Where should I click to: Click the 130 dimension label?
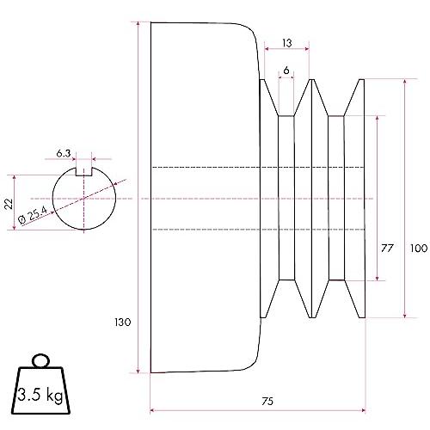tap(123, 322)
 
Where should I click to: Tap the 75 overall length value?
tap(267, 402)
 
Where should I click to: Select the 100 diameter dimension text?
tap(419, 248)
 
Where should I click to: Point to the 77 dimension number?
tap(387, 248)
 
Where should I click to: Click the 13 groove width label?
tap(287, 43)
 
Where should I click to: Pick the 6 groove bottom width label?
tap(286, 71)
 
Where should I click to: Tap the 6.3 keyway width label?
tap(64, 153)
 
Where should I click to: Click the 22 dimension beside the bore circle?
tap(9, 204)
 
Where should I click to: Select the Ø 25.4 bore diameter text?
tap(33, 215)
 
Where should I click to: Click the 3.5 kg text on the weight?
tap(40, 395)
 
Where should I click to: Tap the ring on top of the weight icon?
tap(40, 360)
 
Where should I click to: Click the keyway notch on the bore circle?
tap(83, 171)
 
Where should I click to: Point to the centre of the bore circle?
tap(83, 199)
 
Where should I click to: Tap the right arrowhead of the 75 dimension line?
tap(363, 410)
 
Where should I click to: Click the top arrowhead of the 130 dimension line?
tap(138, 24)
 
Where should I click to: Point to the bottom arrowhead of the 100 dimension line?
tap(405, 315)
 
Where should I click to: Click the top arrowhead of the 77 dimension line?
tap(377, 119)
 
